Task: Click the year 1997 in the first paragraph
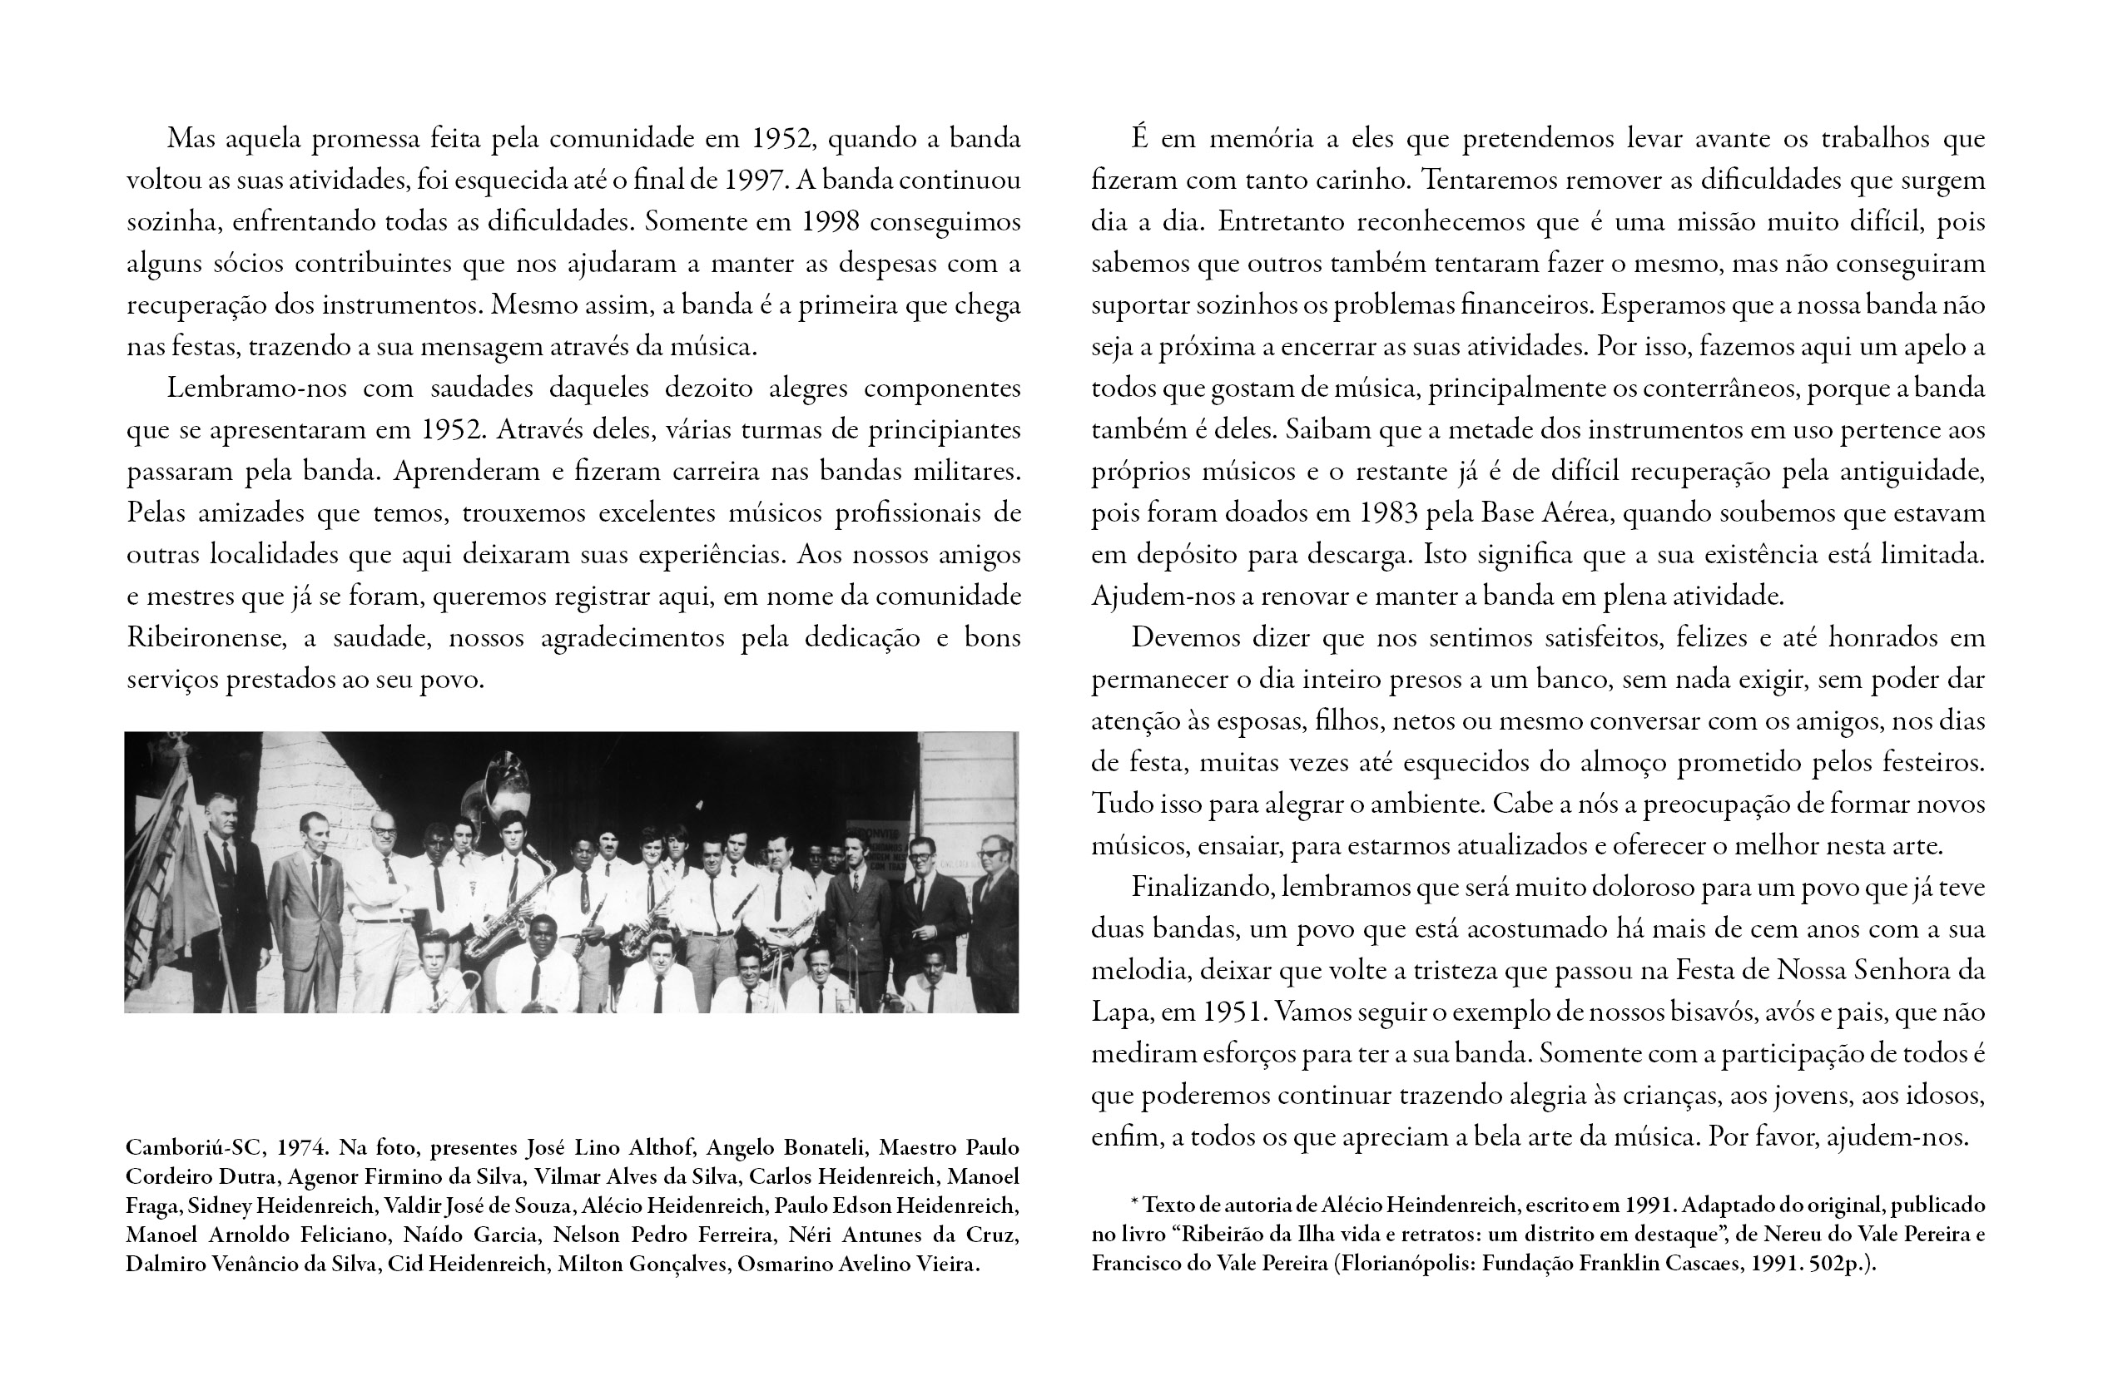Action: pyautogui.click(x=754, y=181)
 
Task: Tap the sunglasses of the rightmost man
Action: pyautogui.click(x=992, y=851)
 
